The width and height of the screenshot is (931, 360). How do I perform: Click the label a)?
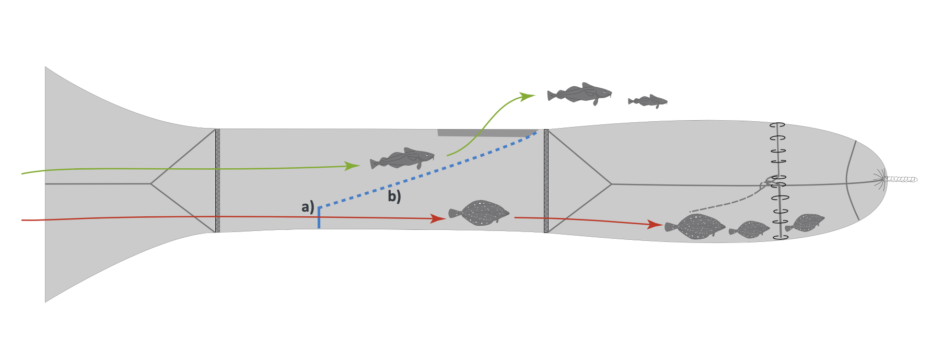308,207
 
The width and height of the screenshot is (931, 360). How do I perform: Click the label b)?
394,196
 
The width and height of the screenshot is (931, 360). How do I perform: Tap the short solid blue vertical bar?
319,219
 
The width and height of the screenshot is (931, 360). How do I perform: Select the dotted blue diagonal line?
428,173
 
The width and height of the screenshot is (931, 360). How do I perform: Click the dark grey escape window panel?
486,133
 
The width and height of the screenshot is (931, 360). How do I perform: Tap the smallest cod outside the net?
648,101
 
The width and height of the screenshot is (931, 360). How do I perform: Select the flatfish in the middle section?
479,213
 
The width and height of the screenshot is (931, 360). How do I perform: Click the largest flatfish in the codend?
695,227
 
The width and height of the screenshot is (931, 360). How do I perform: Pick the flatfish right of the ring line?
805,223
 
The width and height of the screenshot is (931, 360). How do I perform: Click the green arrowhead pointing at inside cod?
354,166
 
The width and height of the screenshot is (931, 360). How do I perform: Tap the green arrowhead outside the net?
527,97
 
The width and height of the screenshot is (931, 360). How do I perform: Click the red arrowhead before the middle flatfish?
437,218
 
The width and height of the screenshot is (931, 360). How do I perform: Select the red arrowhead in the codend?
655,224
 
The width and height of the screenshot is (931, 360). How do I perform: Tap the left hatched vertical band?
217,180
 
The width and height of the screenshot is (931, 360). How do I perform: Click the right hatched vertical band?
546,181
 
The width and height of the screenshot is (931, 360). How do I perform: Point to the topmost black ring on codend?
777,125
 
